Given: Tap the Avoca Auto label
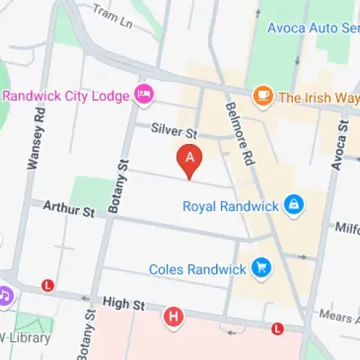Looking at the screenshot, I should [x=312, y=28].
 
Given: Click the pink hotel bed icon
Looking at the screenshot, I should [x=144, y=94].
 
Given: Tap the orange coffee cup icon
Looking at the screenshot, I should [x=263, y=96].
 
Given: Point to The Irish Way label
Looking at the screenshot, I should [x=318, y=96].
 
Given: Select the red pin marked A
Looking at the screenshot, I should [x=189, y=159].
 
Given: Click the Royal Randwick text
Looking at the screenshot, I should [x=230, y=207].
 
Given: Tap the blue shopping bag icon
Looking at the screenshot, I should [x=292, y=206].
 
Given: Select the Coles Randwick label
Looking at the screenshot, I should [x=197, y=269].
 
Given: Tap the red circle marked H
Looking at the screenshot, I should [x=173, y=316].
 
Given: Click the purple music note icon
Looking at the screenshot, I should [x=6, y=295].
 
